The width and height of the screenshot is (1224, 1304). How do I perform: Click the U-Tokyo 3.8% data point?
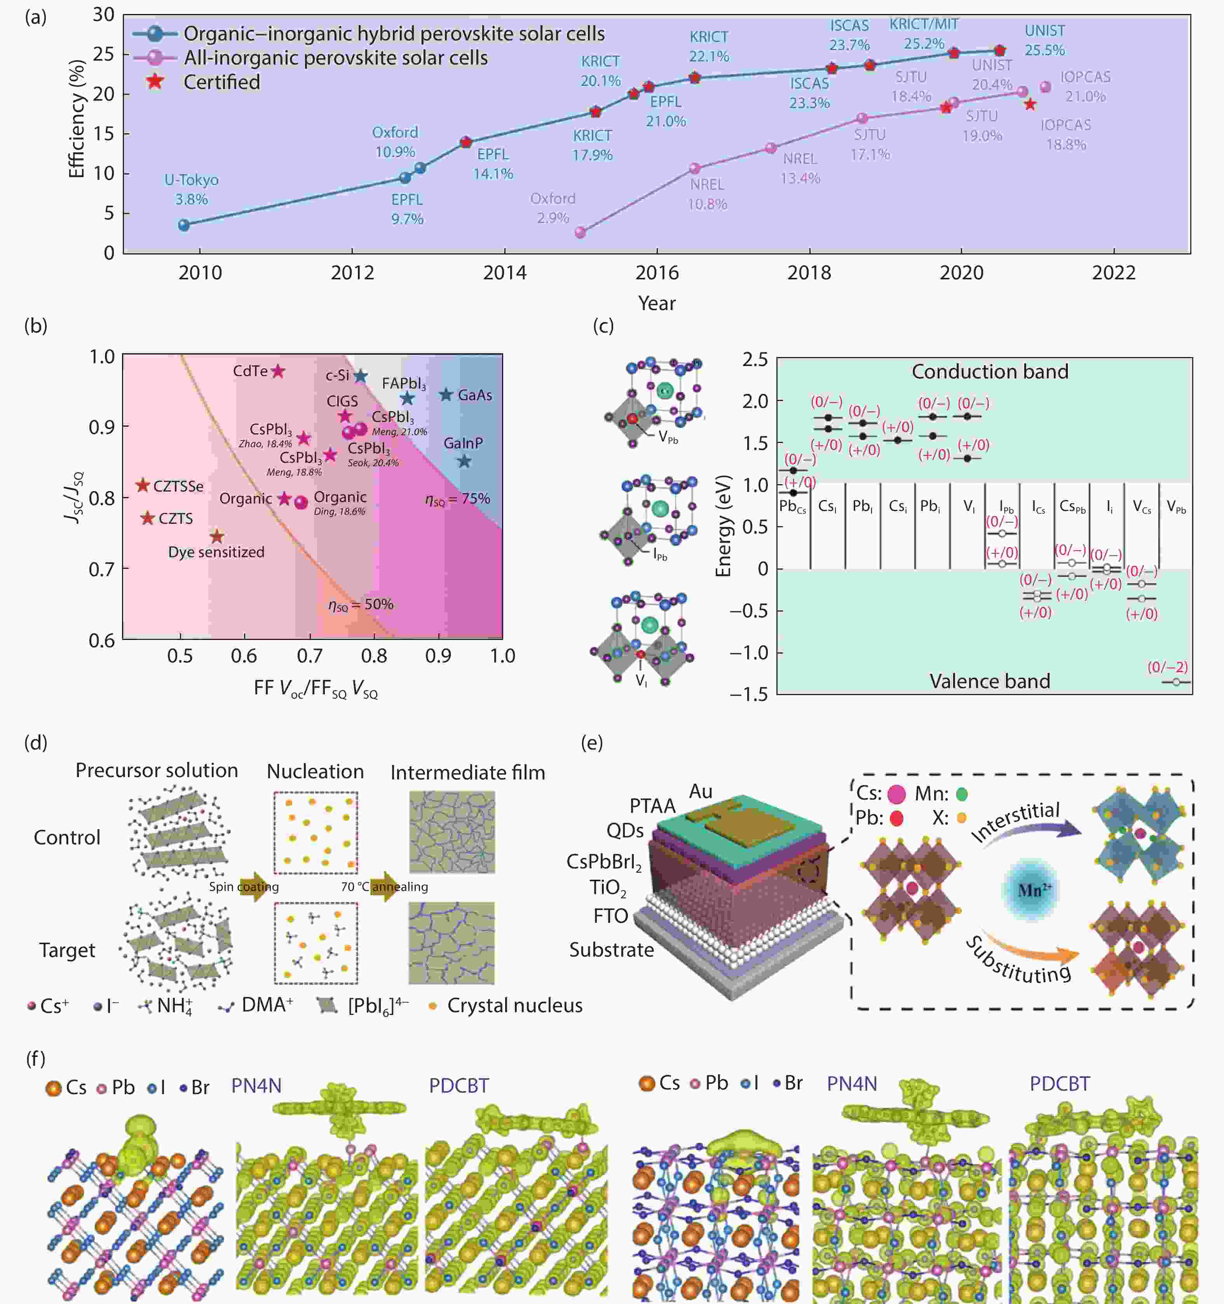(x=184, y=225)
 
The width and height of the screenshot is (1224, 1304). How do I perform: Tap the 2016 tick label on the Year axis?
(x=657, y=273)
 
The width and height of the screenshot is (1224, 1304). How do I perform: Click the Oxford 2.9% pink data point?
(x=580, y=232)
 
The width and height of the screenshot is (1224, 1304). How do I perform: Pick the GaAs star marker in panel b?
(x=446, y=395)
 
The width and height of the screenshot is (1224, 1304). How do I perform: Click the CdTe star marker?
(x=278, y=371)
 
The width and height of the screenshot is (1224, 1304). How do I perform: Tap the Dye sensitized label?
(x=216, y=552)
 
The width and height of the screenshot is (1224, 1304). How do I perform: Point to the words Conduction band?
(x=990, y=372)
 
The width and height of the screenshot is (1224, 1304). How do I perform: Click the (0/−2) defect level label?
(x=1167, y=667)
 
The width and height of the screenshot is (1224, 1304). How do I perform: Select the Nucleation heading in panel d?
(x=315, y=771)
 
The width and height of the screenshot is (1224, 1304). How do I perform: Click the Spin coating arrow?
(x=253, y=887)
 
